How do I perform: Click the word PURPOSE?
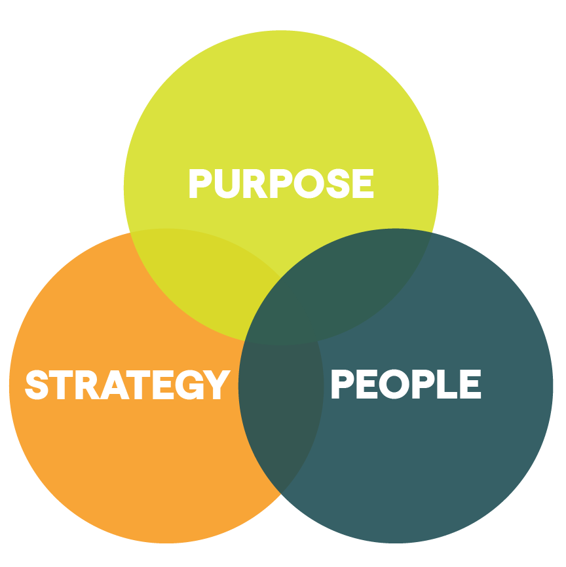pos(280,184)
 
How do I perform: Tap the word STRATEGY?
pos(127,385)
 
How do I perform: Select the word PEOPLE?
pos(406,385)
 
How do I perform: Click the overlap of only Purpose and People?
pos(367,275)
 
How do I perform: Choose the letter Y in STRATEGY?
pos(216,385)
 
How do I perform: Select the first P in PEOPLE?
pos(342,385)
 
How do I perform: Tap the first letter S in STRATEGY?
pos(37,385)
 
